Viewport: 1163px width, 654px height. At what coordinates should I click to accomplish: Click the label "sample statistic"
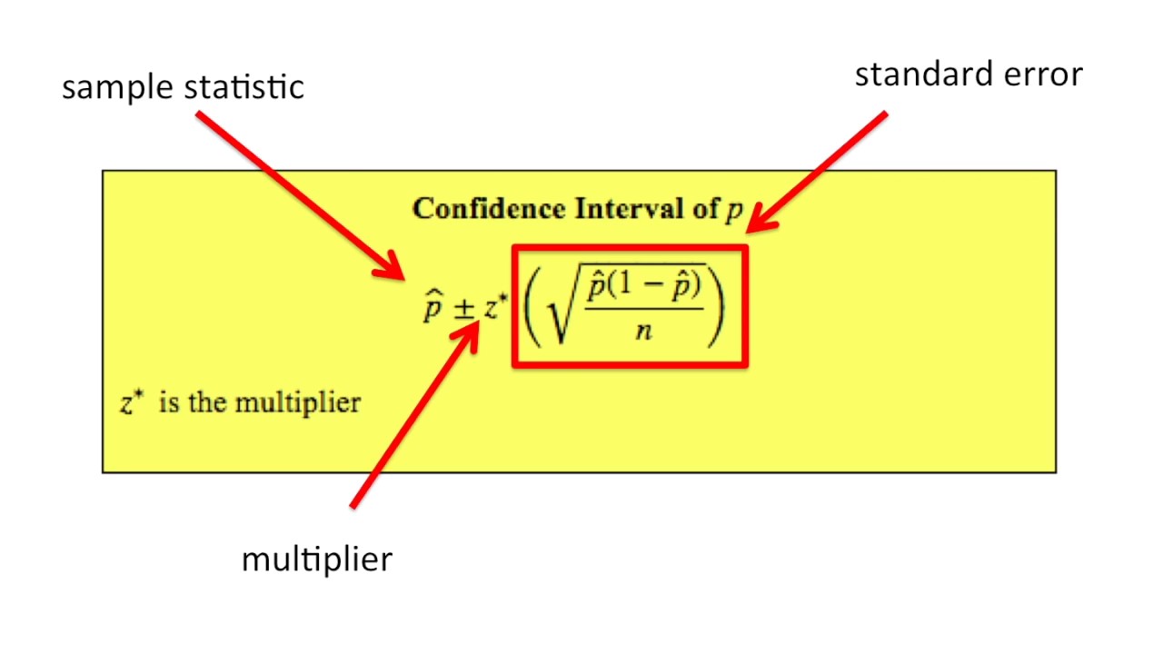(183, 87)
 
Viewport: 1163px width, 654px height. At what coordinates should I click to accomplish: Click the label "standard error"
(969, 74)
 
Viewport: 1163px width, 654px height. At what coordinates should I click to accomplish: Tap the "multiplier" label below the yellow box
(316, 559)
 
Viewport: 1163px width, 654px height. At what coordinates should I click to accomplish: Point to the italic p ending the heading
(733, 212)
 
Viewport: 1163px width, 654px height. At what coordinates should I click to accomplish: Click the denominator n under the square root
(644, 332)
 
